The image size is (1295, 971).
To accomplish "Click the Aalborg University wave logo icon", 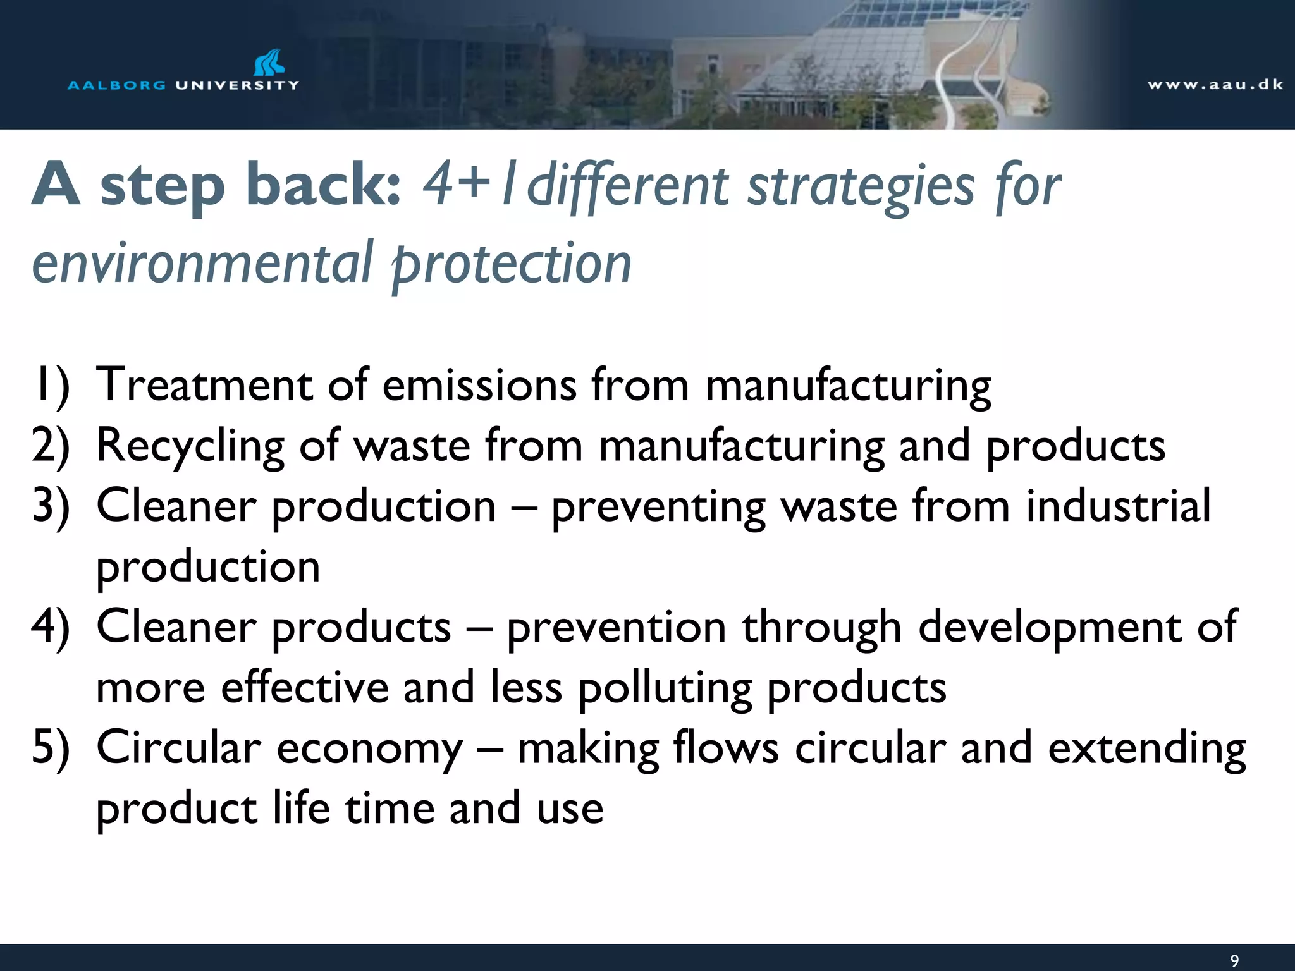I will (x=269, y=63).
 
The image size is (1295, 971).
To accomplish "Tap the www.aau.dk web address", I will (x=1215, y=85).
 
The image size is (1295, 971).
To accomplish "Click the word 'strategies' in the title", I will (x=861, y=186).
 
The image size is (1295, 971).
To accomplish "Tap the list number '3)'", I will (x=51, y=507).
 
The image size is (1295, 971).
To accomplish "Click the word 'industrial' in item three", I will (x=1118, y=506).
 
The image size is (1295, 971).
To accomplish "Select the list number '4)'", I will (x=51, y=628).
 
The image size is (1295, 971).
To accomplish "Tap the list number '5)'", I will (x=51, y=748).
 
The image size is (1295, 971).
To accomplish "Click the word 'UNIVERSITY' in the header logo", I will (x=237, y=85).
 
